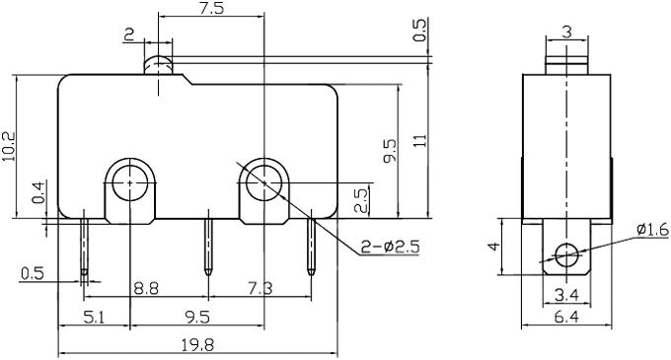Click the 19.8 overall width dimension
click(x=197, y=344)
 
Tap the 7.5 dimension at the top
click(x=211, y=8)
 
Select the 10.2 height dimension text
click(x=8, y=146)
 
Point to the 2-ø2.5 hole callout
click(x=391, y=247)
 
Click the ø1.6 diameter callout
click(x=652, y=230)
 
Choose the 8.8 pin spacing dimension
click(x=146, y=288)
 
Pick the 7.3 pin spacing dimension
click(x=261, y=288)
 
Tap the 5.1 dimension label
click(x=94, y=318)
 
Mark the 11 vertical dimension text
click(x=421, y=141)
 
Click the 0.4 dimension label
click(x=38, y=192)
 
